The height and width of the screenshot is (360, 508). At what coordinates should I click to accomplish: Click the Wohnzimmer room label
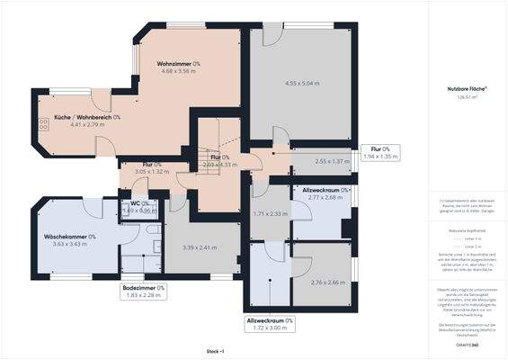178,64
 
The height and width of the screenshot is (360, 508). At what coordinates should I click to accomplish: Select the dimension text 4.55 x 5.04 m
290,84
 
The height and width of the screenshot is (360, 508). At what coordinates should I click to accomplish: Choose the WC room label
139,204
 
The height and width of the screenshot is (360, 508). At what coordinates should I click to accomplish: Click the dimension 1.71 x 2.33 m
271,213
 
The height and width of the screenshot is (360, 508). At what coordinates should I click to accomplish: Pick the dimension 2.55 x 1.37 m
321,161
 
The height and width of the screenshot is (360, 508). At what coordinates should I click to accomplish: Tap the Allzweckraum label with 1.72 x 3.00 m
271,319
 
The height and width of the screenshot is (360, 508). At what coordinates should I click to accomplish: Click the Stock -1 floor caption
215,350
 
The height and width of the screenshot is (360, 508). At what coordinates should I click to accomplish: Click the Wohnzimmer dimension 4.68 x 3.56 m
178,71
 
